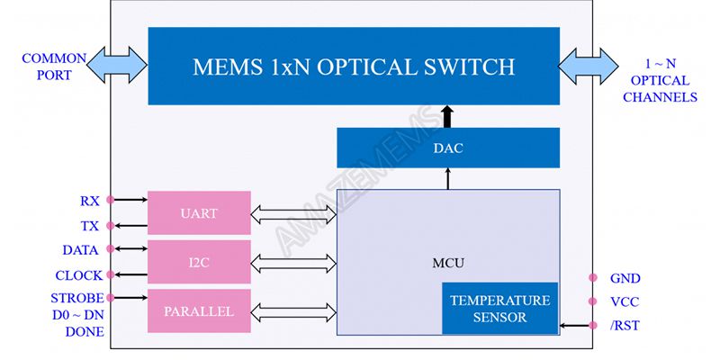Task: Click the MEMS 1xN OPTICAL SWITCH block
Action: click(x=354, y=66)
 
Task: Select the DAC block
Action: click(x=447, y=148)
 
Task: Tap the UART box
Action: click(x=198, y=212)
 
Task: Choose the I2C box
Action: click(x=198, y=263)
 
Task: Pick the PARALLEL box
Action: click(x=198, y=311)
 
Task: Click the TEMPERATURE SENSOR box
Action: click(x=499, y=309)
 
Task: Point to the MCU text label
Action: click(x=447, y=263)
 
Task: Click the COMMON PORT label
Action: click(x=54, y=67)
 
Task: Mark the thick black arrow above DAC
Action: click(x=447, y=116)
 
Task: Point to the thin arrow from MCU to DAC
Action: click(x=447, y=178)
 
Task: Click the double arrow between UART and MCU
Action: click(x=292, y=213)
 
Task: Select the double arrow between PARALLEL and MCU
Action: click(x=292, y=312)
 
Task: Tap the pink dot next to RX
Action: click(x=110, y=200)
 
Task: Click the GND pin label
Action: click(x=625, y=279)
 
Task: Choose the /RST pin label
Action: click(x=625, y=326)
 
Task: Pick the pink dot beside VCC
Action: click(x=592, y=302)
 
